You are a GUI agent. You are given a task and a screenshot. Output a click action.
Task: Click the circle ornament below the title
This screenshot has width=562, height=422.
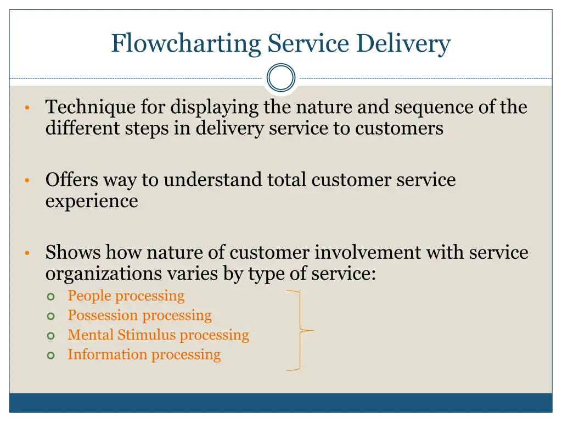click(281, 78)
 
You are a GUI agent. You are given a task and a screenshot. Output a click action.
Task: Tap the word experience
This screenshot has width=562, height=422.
click(92, 201)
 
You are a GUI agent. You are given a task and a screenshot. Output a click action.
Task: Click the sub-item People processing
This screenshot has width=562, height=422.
click(126, 296)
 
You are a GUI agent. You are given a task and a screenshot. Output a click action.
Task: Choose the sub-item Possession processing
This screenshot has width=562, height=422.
click(139, 315)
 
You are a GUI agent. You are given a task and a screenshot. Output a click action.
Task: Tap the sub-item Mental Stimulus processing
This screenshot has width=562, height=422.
click(158, 335)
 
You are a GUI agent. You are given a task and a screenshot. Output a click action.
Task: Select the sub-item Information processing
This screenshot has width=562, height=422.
click(144, 354)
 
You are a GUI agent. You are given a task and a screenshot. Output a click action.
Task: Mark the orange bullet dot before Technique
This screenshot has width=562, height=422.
click(26, 108)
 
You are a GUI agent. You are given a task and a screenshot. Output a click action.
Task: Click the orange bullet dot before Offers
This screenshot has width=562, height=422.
click(26, 180)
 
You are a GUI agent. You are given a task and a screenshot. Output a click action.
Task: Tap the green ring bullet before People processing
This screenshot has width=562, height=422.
click(51, 297)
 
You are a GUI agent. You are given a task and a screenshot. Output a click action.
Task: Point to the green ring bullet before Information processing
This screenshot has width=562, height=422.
click(51, 356)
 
